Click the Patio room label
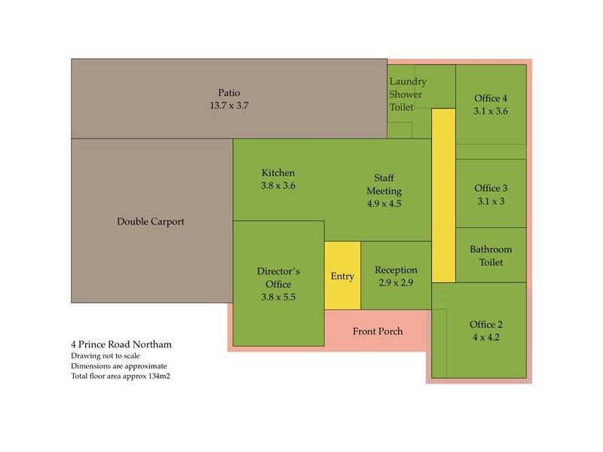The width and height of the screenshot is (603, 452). coord(229,93)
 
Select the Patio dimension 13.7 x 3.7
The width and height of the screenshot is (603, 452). coord(229,105)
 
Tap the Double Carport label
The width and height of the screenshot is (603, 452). coord(151,221)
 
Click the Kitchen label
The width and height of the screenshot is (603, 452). coord(278,173)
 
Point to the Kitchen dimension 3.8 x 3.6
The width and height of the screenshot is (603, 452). coord(278,185)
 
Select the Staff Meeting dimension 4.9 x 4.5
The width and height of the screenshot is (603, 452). coord(384,203)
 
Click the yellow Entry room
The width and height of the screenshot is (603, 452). coord(343,275)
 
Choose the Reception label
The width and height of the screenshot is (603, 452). coord(396,270)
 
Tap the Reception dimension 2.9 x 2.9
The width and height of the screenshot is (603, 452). coord(396,283)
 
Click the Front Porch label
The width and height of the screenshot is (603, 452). coord(378,331)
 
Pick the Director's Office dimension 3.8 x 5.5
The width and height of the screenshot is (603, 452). coord(278,297)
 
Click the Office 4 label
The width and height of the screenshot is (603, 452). coord(491,99)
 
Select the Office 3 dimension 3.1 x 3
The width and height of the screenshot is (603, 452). coord(491,201)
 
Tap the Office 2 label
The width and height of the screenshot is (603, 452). coord(486,325)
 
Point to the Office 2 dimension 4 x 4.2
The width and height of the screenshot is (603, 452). coord(486,337)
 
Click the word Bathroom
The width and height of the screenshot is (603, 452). coord(491,249)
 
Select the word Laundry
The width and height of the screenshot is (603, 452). coord(408,82)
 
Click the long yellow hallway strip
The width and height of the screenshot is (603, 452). coord(443,196)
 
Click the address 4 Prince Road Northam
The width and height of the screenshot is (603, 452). coord(121,344)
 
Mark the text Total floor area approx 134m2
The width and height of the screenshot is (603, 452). coord(121,376)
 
